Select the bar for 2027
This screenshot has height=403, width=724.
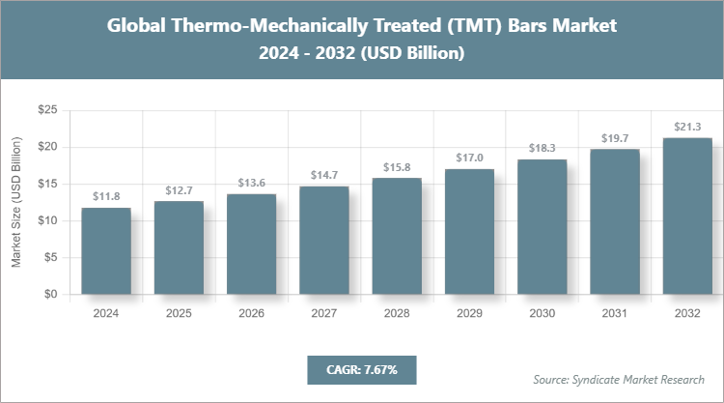323,241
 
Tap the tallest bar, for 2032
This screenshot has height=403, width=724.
686,216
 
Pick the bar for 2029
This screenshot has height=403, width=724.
469,232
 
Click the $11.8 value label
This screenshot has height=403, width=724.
106,196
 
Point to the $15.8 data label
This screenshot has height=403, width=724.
397,166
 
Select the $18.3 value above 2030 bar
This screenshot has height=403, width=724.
542,148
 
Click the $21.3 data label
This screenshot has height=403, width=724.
686,126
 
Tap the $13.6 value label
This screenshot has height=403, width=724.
251,183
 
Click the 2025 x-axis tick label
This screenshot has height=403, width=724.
179,313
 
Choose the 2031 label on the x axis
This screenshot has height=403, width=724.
614,313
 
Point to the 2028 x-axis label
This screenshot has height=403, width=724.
397,313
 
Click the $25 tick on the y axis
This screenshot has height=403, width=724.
45,111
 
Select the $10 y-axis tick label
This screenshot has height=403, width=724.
45,221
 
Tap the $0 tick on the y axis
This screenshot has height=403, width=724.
48,295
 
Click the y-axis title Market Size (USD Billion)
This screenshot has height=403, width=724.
16,203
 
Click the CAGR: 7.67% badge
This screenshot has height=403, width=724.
361,369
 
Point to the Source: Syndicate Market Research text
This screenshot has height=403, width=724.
619,379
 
